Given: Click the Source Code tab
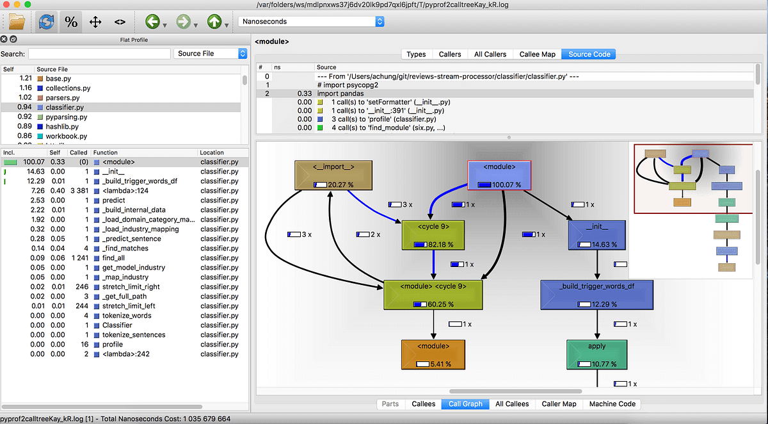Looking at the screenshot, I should (x=589, y=54).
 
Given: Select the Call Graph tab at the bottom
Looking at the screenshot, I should (x=465, y=404).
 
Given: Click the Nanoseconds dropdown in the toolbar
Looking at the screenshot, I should (x=311, y=22).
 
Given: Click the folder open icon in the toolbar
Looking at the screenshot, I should (x=17, y=22).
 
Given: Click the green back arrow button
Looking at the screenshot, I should (x=152, y=22).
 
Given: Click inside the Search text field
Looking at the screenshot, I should (x=99, y=54).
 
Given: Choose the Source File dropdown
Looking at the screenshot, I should (x=210, y=54).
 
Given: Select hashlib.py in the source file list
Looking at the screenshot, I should (x=62, y=127).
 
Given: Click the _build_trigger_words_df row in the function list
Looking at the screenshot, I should (x=139, y=181).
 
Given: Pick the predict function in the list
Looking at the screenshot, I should (x=113, y=200).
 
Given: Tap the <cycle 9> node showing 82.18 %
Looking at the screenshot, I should (x=433, y=235).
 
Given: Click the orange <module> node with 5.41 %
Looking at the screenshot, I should (x=433, y=354).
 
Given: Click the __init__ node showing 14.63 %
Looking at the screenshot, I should (x=596, y=235).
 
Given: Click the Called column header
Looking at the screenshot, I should (x=78, y=152).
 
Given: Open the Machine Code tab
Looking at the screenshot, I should (x=612, y=404).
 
